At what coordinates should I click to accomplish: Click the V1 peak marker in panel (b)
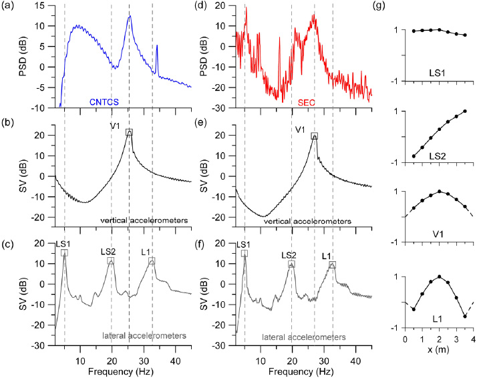pyautogui.click(x=129, y=132)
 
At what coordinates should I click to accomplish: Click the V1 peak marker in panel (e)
pyautogui.click(x=314, y=136)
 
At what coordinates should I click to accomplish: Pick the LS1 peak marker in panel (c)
pyautogui.click(x=64, y=252)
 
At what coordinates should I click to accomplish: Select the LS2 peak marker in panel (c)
pyautogui.click(x=111, y=262)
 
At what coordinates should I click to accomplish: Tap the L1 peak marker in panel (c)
pyautogui.click(x=152, y=261)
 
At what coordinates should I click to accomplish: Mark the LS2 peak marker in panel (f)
pyautogui.click(x=291, y=264)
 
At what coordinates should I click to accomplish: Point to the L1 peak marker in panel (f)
pyautogui.click(x=332, y=264)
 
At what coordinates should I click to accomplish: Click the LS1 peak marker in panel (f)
pyautogui.click(x=245, y=253)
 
